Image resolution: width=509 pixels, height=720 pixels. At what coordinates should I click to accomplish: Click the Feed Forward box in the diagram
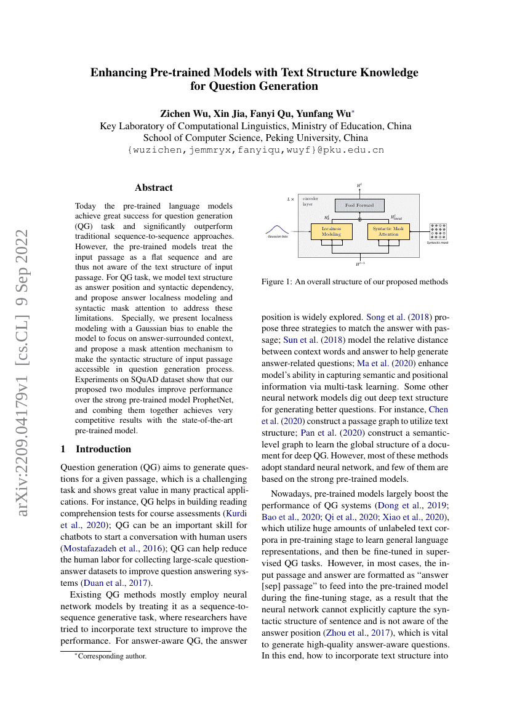pos(359,205)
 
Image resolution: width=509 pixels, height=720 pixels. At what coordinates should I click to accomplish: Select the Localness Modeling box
pos(331,231)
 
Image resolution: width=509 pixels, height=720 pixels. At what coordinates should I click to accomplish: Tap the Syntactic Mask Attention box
pos(389,231)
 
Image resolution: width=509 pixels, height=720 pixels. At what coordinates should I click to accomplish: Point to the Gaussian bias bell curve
pos(278,230)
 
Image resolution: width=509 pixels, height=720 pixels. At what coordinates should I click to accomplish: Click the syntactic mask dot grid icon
pos(438,231)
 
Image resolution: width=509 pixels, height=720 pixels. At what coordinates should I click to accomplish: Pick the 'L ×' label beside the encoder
pos(291,199)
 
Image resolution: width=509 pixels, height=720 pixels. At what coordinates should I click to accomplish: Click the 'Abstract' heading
pos(154,188)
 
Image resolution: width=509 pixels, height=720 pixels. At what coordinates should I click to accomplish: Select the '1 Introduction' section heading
pos(96,449)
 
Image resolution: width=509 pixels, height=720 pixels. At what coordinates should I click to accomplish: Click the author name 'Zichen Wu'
pos(184,113)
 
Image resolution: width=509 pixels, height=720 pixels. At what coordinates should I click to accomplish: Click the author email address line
pos(255,150)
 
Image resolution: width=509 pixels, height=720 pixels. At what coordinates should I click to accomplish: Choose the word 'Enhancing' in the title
pos(119,73)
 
